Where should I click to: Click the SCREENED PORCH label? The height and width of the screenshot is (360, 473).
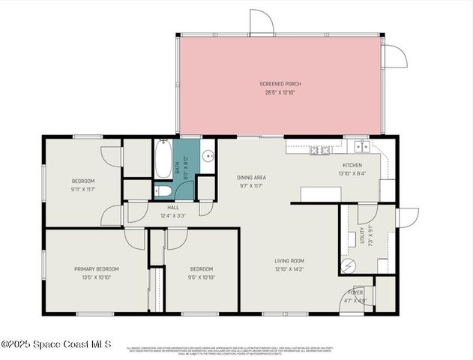280,83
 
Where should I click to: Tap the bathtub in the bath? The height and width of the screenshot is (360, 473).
163,158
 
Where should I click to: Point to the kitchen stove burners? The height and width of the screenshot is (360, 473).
319,151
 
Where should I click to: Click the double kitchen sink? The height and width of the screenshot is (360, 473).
361,145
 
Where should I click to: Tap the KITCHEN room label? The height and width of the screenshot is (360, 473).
352,165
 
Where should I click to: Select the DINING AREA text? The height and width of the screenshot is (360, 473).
252,178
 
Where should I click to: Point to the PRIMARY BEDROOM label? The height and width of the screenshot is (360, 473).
96,268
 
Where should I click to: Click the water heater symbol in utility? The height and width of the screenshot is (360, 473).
348,265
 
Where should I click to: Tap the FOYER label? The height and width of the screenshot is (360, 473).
355,292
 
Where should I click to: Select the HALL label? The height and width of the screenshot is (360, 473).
172,207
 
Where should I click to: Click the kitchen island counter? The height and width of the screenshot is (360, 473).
321,194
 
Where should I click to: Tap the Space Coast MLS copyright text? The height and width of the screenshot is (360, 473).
56,344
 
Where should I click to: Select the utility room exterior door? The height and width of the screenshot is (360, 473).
407,217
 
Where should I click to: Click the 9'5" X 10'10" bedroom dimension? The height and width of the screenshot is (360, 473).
201,277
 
